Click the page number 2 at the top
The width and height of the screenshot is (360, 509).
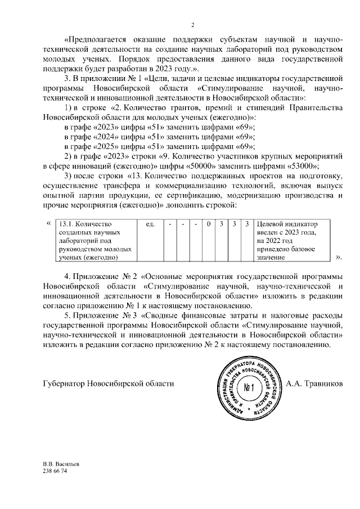pyautogui.click(x=192, y=24)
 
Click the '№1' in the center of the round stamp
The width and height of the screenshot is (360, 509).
pyautogui.click(x=250, y=388)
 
